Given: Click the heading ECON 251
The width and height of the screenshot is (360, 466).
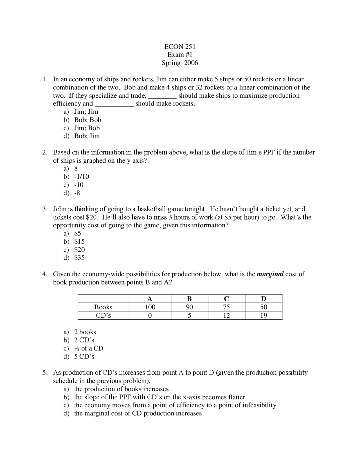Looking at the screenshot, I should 180,47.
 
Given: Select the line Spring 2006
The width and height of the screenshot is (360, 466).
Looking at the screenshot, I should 180,63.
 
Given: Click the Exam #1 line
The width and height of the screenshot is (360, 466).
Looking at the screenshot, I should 180,55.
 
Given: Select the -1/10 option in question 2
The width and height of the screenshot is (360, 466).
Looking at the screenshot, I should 81,177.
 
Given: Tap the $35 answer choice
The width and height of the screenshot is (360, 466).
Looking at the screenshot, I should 79,258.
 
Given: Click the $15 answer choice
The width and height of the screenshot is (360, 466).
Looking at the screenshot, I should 79,242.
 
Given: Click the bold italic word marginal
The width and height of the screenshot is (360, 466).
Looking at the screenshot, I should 270,274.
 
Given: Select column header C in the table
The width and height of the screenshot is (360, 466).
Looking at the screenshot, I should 226,299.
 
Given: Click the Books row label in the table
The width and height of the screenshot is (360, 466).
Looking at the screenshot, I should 103,307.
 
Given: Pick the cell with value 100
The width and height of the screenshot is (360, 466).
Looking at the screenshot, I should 150,307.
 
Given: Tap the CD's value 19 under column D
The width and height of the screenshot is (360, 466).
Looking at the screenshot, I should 264,315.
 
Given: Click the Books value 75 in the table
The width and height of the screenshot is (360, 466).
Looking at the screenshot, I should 226,307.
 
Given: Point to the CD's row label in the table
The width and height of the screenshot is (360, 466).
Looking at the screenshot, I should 103,315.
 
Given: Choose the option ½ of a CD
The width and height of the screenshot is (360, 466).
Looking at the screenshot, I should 89,348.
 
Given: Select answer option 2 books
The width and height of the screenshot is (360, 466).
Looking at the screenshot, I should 85,332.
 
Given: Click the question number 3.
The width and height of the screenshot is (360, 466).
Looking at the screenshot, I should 44,209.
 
